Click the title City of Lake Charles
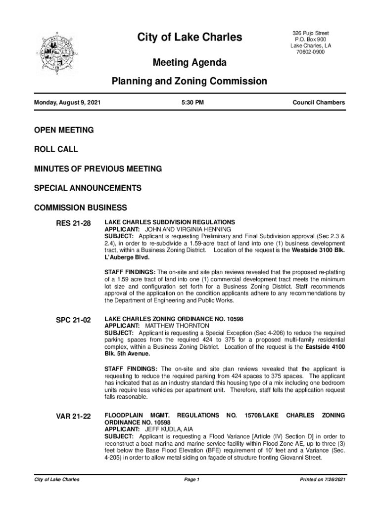click(x=190, y=38)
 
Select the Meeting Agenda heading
click(x=190, y=63)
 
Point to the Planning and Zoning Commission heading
click(x=190, y=81)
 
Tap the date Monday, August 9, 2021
click(x=67, y=103)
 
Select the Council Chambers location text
click(x=319, y=103)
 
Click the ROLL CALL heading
click(x=56, y=149)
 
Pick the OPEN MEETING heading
click(x=64, y=130)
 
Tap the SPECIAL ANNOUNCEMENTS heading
click(x=88, y=188)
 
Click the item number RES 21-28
click(x=73, y=224)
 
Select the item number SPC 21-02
click(x=73, y=320)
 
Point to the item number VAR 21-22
click(x=73, y=417)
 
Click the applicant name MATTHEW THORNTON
click(x=177, y=326)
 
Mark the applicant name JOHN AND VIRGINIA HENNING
click(x=188, y=230)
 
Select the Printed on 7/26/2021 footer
click(x=319, y=480)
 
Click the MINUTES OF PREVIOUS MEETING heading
click(x=98, y=169)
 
